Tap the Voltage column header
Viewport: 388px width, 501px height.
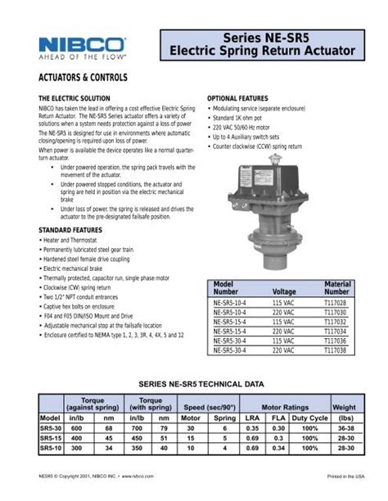click(x=284, y=291)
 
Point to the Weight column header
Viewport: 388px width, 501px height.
click(x=344, y=407)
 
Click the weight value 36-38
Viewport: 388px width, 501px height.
click(x=344, y=427)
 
